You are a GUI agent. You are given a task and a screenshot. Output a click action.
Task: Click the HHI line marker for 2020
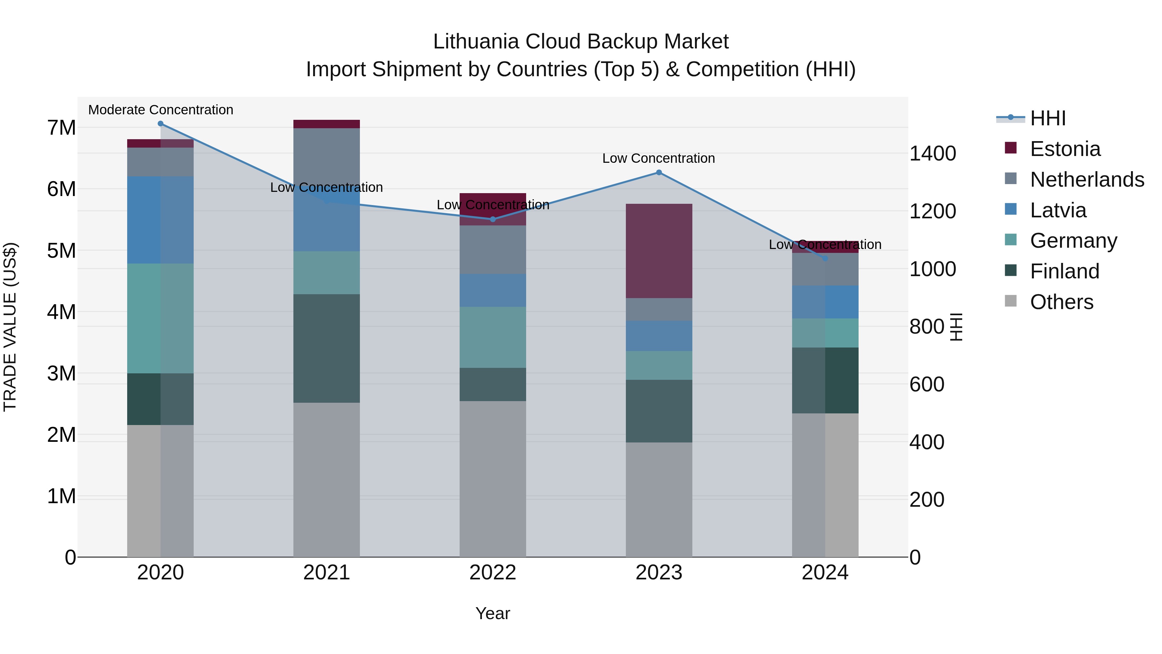pos(161,124)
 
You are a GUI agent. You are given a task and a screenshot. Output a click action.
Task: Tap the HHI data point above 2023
pos(658,172)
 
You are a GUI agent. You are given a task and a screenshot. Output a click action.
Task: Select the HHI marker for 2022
pos(493,219)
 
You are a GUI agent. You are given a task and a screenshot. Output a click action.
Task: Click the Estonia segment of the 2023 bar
pos(658,251)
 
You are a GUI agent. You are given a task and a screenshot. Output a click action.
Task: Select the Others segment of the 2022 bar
pos(493,478)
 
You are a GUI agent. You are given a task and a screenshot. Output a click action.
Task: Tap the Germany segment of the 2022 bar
pos(493,337)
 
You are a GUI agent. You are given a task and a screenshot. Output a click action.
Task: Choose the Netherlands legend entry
pos(1087,180)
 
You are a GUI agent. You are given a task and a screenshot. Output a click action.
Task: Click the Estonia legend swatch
pos(1011,148)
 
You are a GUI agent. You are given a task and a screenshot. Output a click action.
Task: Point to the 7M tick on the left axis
pos(61,128)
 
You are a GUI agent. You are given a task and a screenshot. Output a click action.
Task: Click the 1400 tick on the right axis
pos(932,153)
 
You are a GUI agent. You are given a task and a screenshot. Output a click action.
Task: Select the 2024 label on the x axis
pos(825,573)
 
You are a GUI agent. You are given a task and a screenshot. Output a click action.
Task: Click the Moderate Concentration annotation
pos(161,110)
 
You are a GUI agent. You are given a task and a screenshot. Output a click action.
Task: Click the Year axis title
pos(493,613)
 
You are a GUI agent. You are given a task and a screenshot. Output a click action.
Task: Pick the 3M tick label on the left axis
pos(61,373)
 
